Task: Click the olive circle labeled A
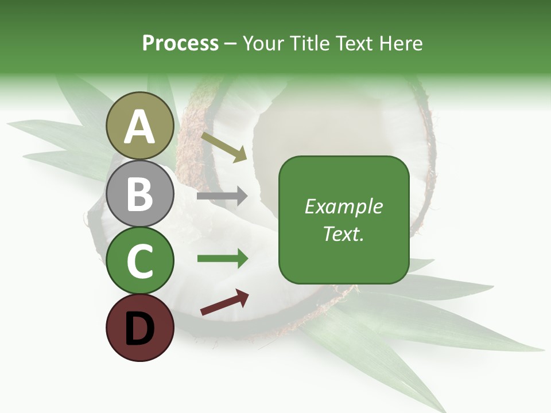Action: (139, 126)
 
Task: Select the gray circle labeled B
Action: (139, 193)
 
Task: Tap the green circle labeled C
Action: (139, 260)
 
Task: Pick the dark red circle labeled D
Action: (139, 328)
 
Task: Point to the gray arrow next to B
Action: (222, 196)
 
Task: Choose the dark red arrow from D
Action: (224, 302)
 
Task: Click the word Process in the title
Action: (180, 43)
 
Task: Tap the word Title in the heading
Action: (309, 43)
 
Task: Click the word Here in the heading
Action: (400, 43)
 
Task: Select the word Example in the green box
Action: (343, 206)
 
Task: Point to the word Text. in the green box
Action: (343, 233)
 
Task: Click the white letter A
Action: (139, 127)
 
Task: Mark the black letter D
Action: (139, 329)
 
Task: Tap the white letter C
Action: (139, 262)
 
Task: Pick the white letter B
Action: (139, 194)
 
